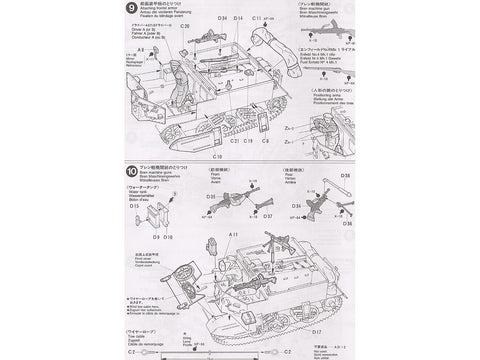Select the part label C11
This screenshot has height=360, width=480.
pos(256,20)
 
